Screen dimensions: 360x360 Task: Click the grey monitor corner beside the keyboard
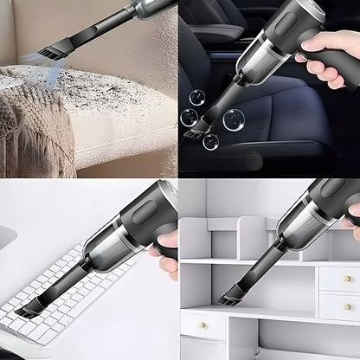(x=9, y=238)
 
